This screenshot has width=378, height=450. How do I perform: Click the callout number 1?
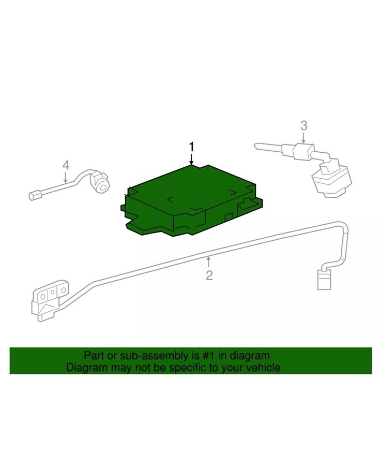pos(192,147)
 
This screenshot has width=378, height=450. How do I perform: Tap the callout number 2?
pos(209,275)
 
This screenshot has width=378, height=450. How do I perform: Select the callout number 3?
pos(304,125)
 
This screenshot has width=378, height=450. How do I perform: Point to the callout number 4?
pos(66,165)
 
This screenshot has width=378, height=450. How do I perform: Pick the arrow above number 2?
pos(209,262)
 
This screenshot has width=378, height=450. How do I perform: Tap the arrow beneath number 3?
pos(304,137)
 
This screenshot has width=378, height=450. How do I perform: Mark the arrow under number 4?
pos(66,177)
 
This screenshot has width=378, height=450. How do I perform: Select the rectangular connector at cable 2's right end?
pos(324,280)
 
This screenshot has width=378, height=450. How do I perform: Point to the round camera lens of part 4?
pos(102,185)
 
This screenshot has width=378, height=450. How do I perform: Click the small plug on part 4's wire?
pos(36,196)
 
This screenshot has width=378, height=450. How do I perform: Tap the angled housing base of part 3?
pos(331,180)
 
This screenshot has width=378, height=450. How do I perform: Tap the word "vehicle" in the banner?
pos(264,368)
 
